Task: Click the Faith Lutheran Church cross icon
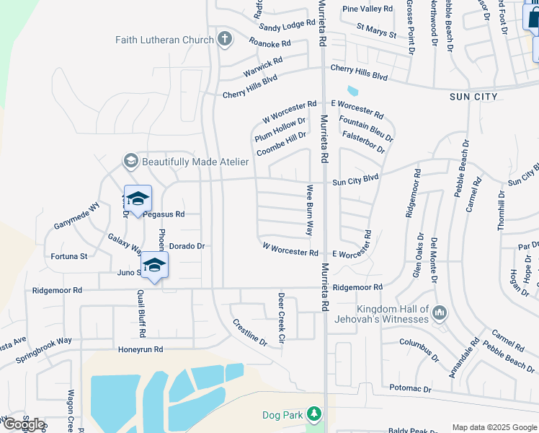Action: tap(225, 38)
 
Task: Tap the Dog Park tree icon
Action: tap(314, 414)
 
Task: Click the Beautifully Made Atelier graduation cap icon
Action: tap(130, 161)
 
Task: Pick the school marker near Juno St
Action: tap(154, 265)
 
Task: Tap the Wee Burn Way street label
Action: tap(310, 210)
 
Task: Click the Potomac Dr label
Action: tap(408, 389)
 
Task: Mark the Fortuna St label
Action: tap(68, 256)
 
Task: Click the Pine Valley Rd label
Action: tap(367, 9)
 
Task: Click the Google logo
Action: tap(23, 424)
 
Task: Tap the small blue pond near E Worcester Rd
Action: tap(352, 92)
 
